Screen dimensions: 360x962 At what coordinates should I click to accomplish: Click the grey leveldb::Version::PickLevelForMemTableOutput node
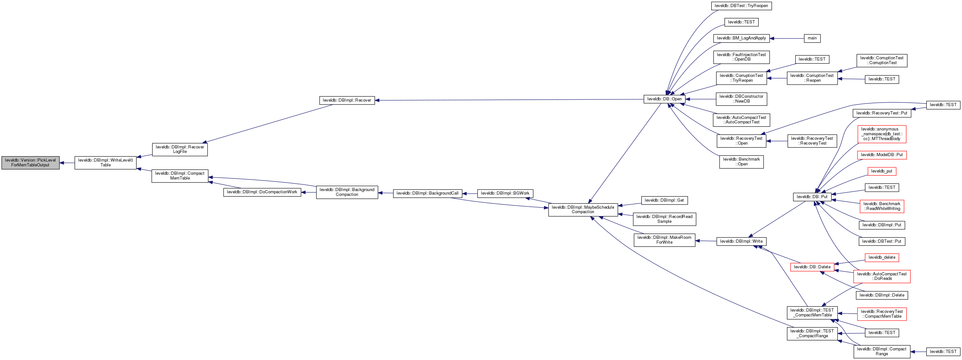pos(30,163)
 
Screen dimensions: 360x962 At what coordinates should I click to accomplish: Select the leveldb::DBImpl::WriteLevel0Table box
pos(105,163)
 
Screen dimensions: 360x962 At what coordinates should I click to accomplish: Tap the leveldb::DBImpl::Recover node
pos(347,100)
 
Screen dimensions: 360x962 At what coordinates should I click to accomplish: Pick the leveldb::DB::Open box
pos(664,99)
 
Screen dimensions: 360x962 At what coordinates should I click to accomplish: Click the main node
pos(812,38)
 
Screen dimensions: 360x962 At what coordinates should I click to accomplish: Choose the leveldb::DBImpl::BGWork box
pos(505,193)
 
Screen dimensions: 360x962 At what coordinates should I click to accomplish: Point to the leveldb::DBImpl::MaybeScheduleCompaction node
pos(583,210)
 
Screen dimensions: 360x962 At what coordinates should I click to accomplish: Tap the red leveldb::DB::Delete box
pos(812,267)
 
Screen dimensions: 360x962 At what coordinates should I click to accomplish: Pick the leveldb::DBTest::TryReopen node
pos(741,5)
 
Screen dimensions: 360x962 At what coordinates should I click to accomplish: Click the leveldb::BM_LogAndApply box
pos(741,38)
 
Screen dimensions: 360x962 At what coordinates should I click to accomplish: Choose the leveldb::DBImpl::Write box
pos(741,241)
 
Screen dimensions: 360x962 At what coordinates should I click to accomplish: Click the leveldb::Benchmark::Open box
pos(741,162)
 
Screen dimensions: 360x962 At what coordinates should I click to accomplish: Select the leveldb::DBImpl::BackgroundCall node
pos(427,193)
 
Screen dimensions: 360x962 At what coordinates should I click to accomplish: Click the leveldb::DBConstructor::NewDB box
pos(741,99)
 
